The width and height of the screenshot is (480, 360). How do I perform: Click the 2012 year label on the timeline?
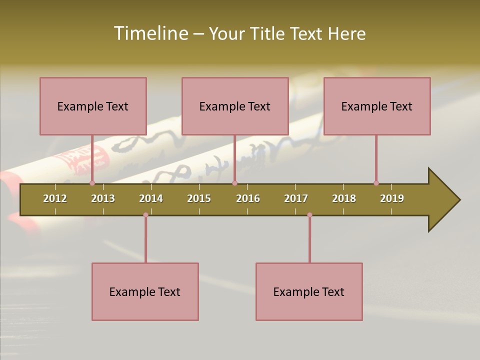point(55,198)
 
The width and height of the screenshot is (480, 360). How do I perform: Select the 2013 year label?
point(103,198)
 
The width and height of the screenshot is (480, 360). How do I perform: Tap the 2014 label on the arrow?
point(151,198)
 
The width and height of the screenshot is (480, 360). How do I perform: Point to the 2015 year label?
point(199,198)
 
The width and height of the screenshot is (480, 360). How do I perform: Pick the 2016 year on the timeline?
point(248,198)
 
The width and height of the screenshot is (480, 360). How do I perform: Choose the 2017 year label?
point(296,198)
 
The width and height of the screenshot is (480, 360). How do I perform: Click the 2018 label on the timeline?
point(344,198)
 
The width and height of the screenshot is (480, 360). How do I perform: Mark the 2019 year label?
point(392,198)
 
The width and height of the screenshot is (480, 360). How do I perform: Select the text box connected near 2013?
point(93,106)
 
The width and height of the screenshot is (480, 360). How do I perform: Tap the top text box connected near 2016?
point(235,106)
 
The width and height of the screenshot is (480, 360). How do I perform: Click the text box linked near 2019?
point(377,106)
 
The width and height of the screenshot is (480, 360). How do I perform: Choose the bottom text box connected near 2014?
point(145,291)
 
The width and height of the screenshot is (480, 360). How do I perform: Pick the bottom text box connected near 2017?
point(309,291)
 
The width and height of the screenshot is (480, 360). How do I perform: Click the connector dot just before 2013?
point(92,183)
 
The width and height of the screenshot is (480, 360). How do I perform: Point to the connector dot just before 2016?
point(234,183)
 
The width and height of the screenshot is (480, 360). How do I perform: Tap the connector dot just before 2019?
point(376,183)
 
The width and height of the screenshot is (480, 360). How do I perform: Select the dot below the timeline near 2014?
point(145,215)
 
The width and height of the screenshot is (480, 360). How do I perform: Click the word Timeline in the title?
point(150,33)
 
